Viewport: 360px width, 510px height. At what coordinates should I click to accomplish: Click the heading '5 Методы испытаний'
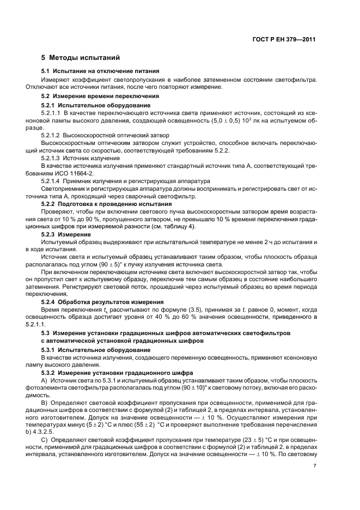click(x=81, y=57)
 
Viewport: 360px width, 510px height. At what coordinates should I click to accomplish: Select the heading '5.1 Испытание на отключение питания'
click(x=100, y=71)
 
